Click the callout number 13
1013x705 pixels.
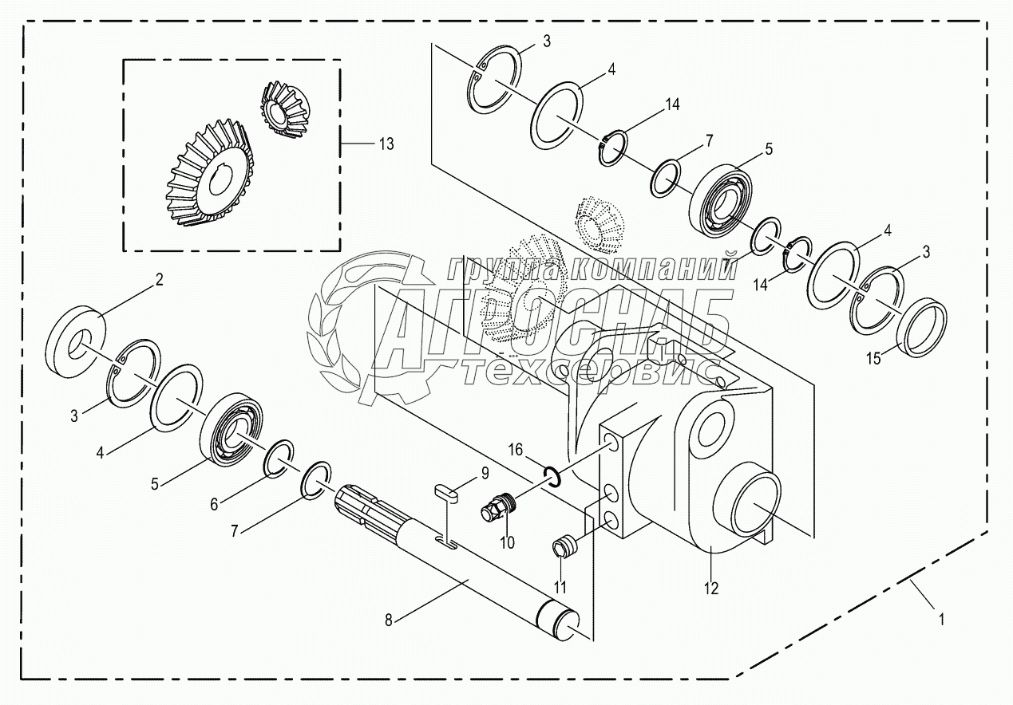click(386, 144)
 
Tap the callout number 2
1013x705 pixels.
click(159, 279)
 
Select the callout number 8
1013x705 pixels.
click(389, 620)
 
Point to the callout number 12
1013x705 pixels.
click(711, 589)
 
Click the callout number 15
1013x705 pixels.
click(874, 360)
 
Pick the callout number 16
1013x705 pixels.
click(516, 451)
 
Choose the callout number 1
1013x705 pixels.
click(943, 618)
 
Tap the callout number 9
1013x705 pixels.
click(485, 474)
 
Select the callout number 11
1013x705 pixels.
click(561, 589)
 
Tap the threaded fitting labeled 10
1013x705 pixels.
click(497, 507)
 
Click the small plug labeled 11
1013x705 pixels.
click(564, 548)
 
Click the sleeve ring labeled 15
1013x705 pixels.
click(924, 326)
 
